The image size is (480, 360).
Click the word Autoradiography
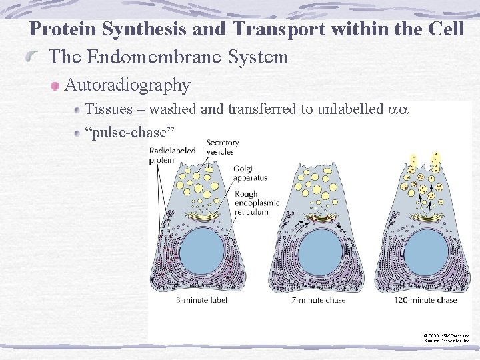click(127, 85)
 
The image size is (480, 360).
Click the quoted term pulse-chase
click(131, 132)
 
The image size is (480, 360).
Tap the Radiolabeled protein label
click(172, 155)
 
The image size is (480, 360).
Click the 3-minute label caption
click(201, 300)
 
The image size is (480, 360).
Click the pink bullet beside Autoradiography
click(56, 87)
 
